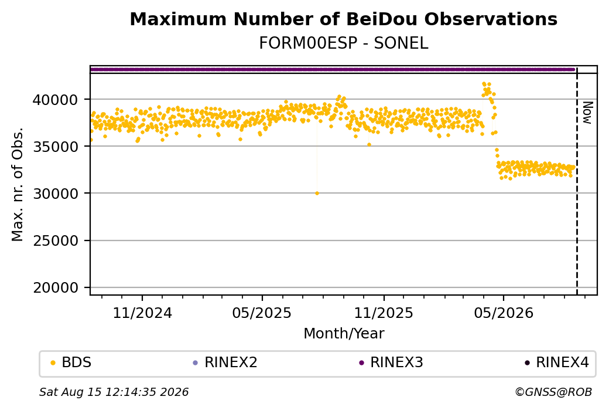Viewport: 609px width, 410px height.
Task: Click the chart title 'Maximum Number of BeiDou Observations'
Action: pyautogui.click(x=343, y=19)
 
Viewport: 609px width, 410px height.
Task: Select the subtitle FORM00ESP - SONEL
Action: pyautogui.click(x=343, y=43)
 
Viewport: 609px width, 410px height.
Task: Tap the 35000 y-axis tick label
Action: pyautogui.click(x=55, y=147)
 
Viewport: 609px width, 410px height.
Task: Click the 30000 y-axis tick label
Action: pyautogui.click(x=55, y=194)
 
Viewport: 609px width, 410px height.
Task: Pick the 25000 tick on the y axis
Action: pyautogui.click(x=55, y=241)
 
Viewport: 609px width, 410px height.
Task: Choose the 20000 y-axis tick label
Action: pyautogui.click(x=55, y=288)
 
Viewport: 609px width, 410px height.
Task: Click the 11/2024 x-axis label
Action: pyautogui.click(x=142, y=313)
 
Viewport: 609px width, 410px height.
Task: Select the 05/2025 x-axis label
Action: pyautogui.click(x=262, y=313)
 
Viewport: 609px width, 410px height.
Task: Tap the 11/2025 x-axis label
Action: pyautogui.click(x=384, y=313)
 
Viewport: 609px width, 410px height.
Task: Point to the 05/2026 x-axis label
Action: pyautogui.click(x=504, y=313)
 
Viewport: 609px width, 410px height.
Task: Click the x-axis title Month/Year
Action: pyautogui.click(x=344, y=333)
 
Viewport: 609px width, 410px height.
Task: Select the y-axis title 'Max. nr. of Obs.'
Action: pyautogui.click(x=18, y=184)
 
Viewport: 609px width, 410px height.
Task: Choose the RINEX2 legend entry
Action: pyautogui.click(x=225, y=362)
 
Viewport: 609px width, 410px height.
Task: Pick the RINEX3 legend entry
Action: pyautogui.click(x=391, y=362)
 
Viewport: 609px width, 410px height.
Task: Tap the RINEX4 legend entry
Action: pyautogui.click(x=557, y=362)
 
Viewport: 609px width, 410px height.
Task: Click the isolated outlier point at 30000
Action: pyautogui.click(x=317, y=194)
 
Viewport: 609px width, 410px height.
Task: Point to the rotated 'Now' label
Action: pyautogui.click(x=587, y=113)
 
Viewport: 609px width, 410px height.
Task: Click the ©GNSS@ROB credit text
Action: pyautogui.click(x=553, y=392)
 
